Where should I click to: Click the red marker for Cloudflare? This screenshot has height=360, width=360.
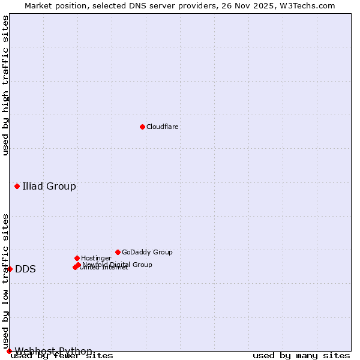(x=142, y=127)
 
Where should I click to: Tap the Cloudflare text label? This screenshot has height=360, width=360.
(x=163, y=127)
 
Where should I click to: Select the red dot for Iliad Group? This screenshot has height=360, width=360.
(x=17, y=186)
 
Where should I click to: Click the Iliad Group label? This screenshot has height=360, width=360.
(x=49, y=186)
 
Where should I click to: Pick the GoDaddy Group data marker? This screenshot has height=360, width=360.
(x=118, y=252)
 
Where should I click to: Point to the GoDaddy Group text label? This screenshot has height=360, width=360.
(x=147, y=253)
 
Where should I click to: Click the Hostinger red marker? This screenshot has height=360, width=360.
(x=77, y=258)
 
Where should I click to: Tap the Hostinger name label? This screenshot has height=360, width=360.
(x=96, y=259)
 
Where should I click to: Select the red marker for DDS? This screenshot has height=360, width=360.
(x=10, y=269)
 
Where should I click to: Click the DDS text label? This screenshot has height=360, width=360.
(x=25, y=269)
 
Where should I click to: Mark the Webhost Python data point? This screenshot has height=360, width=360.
(x=9, y=351)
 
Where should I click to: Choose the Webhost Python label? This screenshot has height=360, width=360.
(x=53, y=351)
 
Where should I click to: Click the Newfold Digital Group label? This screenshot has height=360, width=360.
(x=118, y=265)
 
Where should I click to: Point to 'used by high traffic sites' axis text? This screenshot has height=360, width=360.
(x=5, y=85)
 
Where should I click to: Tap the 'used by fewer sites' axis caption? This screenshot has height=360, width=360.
(x=62, y=356)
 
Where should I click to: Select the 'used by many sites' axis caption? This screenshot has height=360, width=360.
(x=301, y=356)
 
